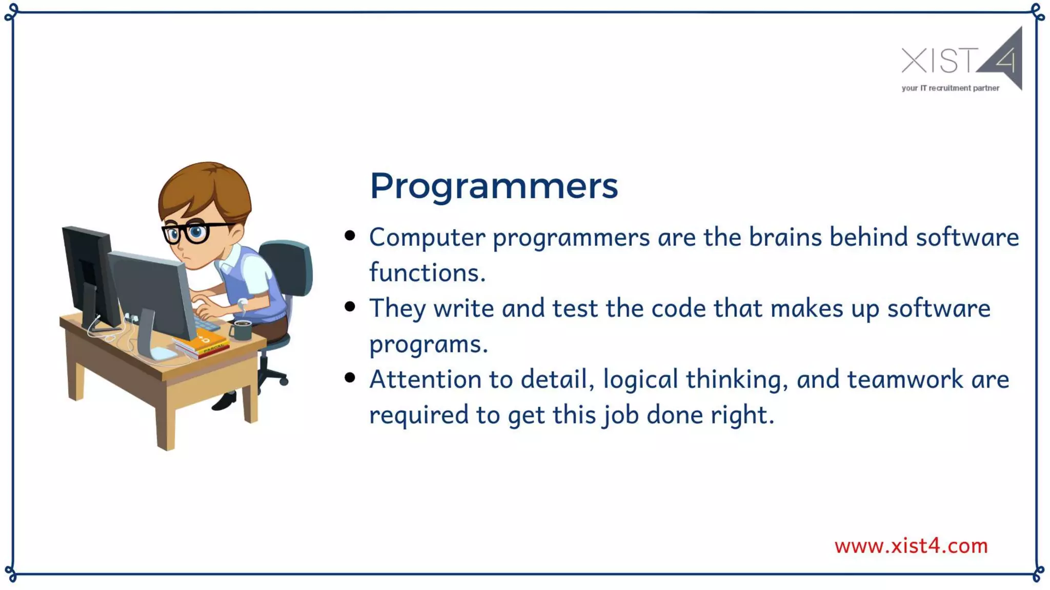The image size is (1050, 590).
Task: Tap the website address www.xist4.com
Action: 911,546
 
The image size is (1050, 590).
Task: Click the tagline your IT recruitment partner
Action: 950,88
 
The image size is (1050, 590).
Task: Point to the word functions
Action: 427,272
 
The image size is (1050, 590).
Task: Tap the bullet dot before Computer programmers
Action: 350,236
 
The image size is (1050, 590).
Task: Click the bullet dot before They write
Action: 350,307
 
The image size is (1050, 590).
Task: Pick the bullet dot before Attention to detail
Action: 350,378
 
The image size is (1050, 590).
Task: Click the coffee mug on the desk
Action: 241,330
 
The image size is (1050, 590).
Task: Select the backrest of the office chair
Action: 290,266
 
